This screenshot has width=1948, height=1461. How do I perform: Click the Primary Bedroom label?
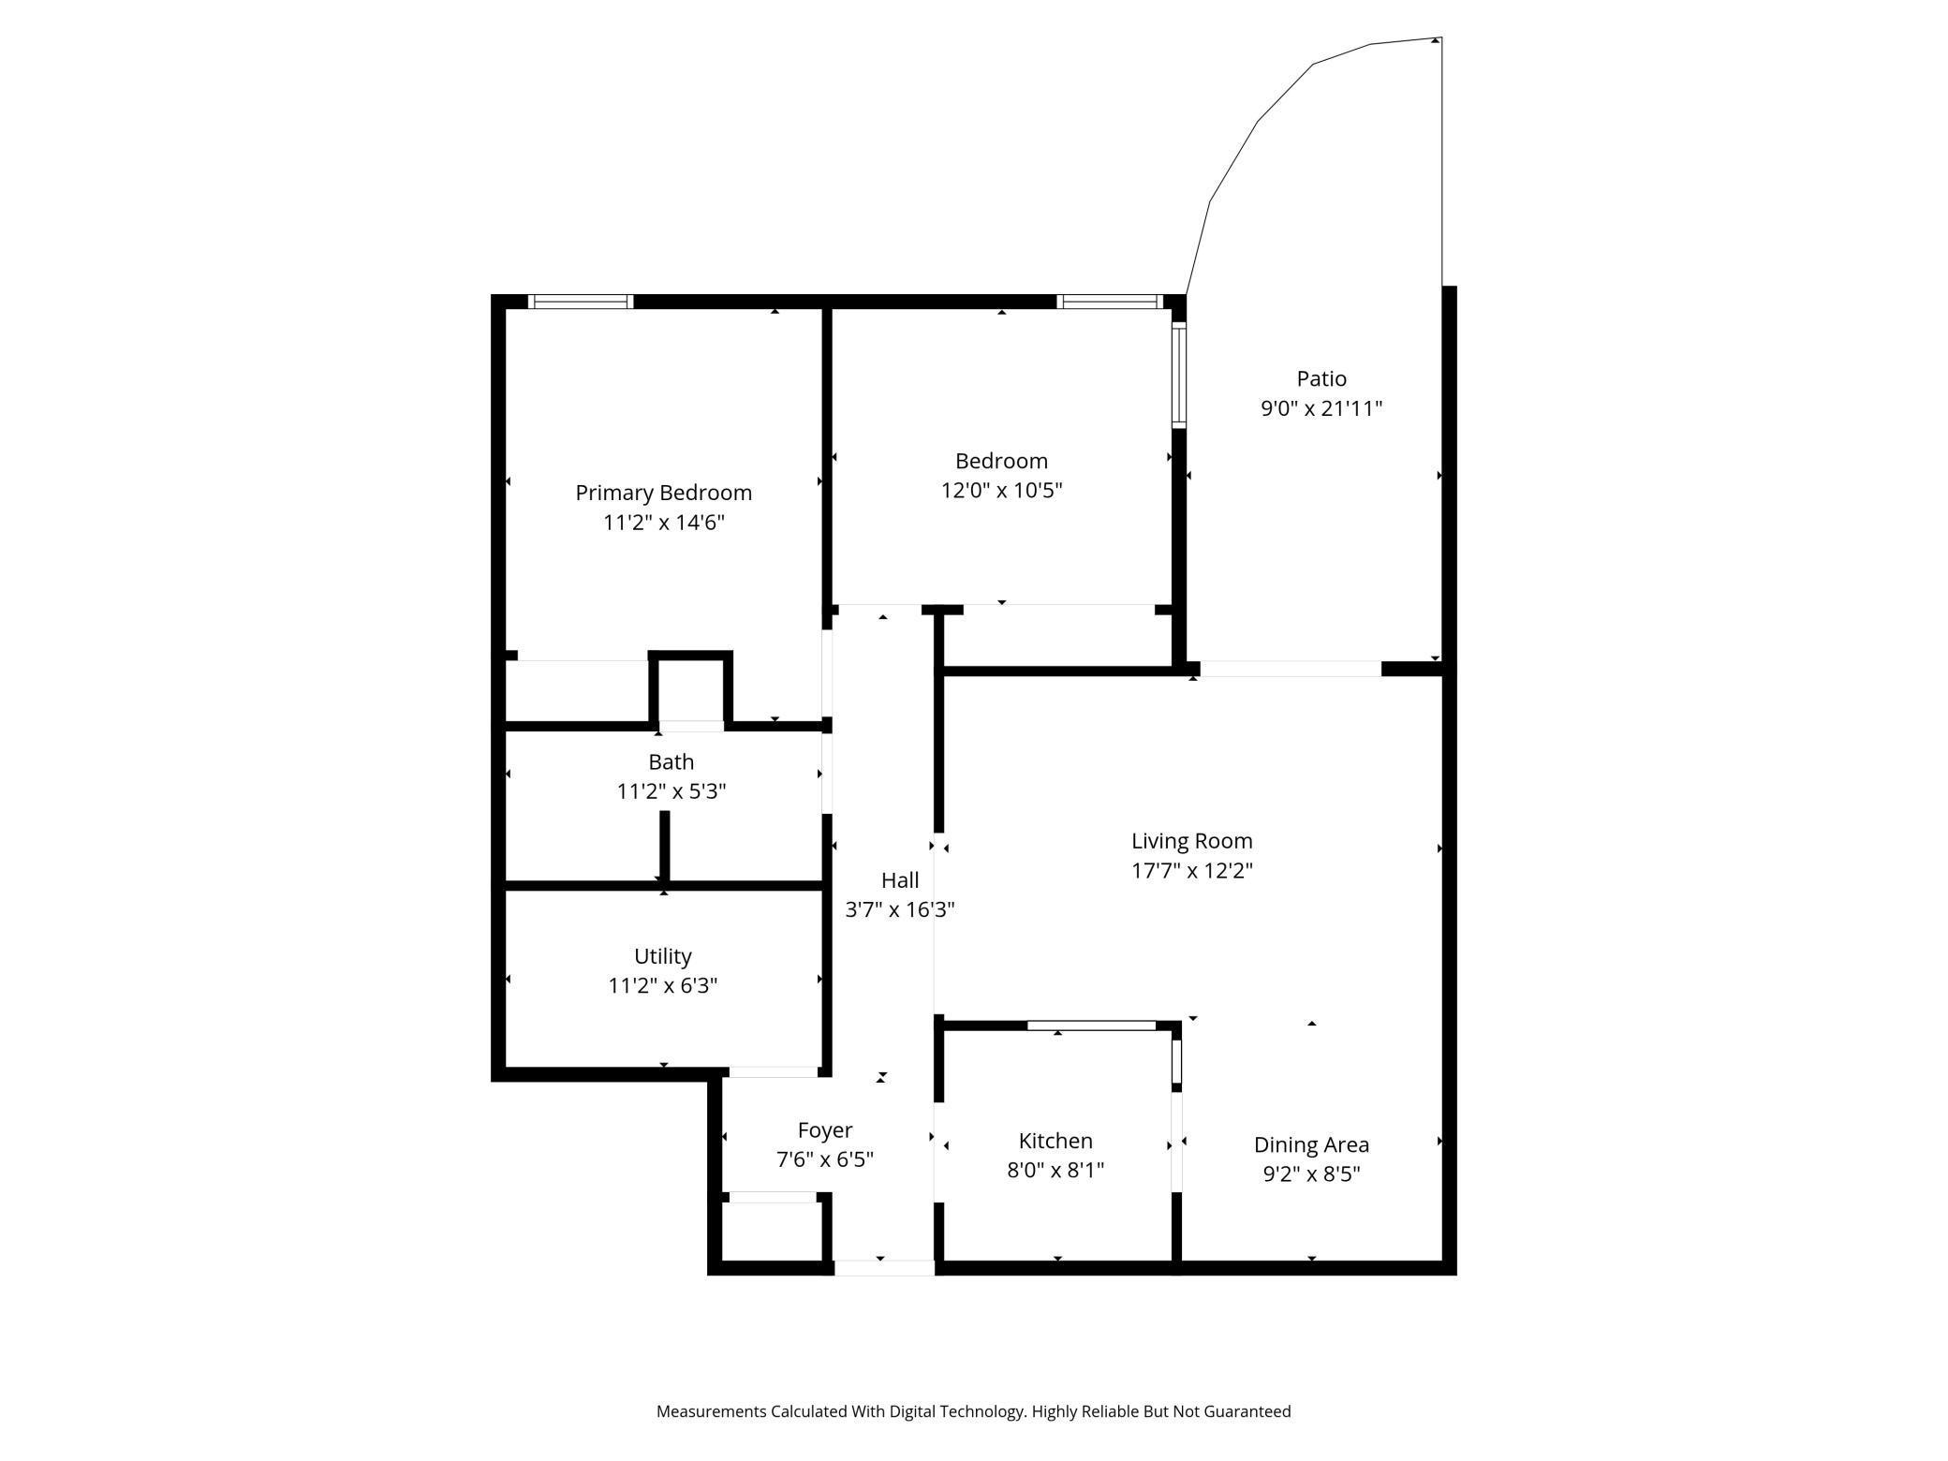pos(663,493)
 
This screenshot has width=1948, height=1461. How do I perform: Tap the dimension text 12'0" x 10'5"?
pos(1001,491)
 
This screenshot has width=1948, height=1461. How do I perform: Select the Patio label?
pos(1321,378)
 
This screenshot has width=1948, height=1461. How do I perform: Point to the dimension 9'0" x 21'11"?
pos(1321,408)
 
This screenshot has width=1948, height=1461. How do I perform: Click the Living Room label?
pos(1191,841)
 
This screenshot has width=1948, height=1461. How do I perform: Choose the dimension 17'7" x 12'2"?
pos(1191,871)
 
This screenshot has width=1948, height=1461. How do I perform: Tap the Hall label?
pos(899,880)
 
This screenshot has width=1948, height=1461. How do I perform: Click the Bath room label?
pos(671,762)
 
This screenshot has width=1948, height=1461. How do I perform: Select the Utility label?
pos(662,956)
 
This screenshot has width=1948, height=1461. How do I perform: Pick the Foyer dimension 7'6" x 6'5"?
pos(824,1160)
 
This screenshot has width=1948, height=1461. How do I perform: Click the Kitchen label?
pos(1055,1141)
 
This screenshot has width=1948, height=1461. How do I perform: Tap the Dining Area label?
pos(1311,1144)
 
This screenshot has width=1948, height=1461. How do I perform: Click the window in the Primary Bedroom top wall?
pos(581,302)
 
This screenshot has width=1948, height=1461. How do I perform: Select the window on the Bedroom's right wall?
pos(1179,375)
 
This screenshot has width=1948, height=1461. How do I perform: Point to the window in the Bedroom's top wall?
pos(1110,302)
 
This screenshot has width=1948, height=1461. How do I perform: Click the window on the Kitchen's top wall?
pos(1091,1026)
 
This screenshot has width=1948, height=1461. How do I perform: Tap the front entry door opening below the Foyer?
pos(883,1268)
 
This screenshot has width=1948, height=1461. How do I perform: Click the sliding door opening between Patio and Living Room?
pos(1290,669)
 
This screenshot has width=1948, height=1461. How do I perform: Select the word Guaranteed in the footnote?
pos(1247,1411)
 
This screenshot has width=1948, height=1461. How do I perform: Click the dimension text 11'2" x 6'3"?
pos(662,986)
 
